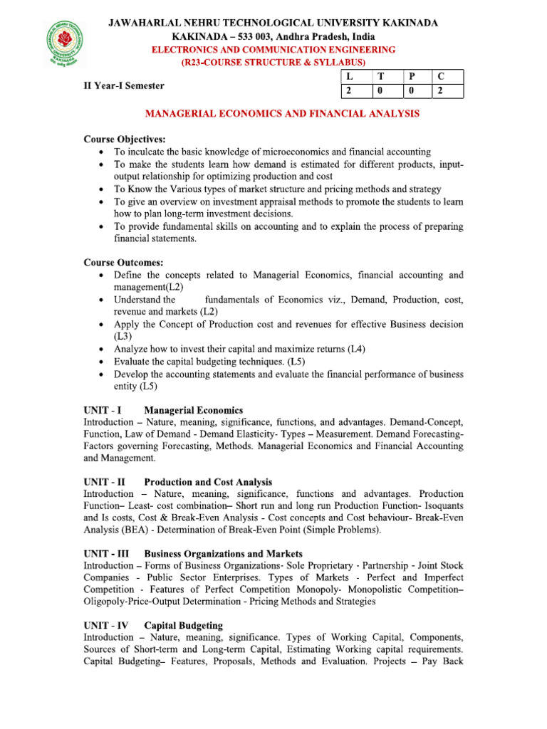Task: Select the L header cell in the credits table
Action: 348,77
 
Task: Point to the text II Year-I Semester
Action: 124,85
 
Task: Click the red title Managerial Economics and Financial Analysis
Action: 282,113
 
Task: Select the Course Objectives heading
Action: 125,138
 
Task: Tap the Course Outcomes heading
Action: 123,262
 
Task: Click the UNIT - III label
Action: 106,553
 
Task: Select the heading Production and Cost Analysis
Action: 208,482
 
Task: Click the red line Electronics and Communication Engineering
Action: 273,50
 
